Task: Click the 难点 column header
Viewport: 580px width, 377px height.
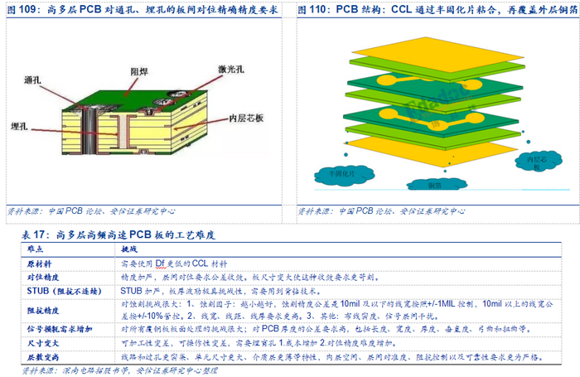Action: click(36, 248)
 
